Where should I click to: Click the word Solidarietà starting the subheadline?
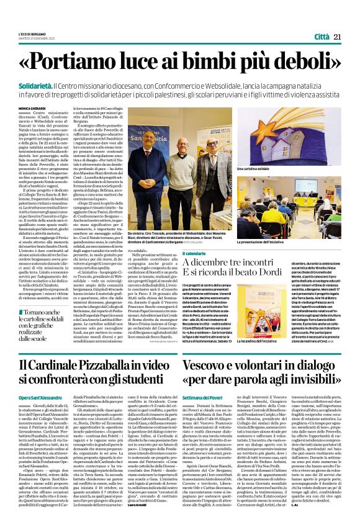click(x=37, y=82)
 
